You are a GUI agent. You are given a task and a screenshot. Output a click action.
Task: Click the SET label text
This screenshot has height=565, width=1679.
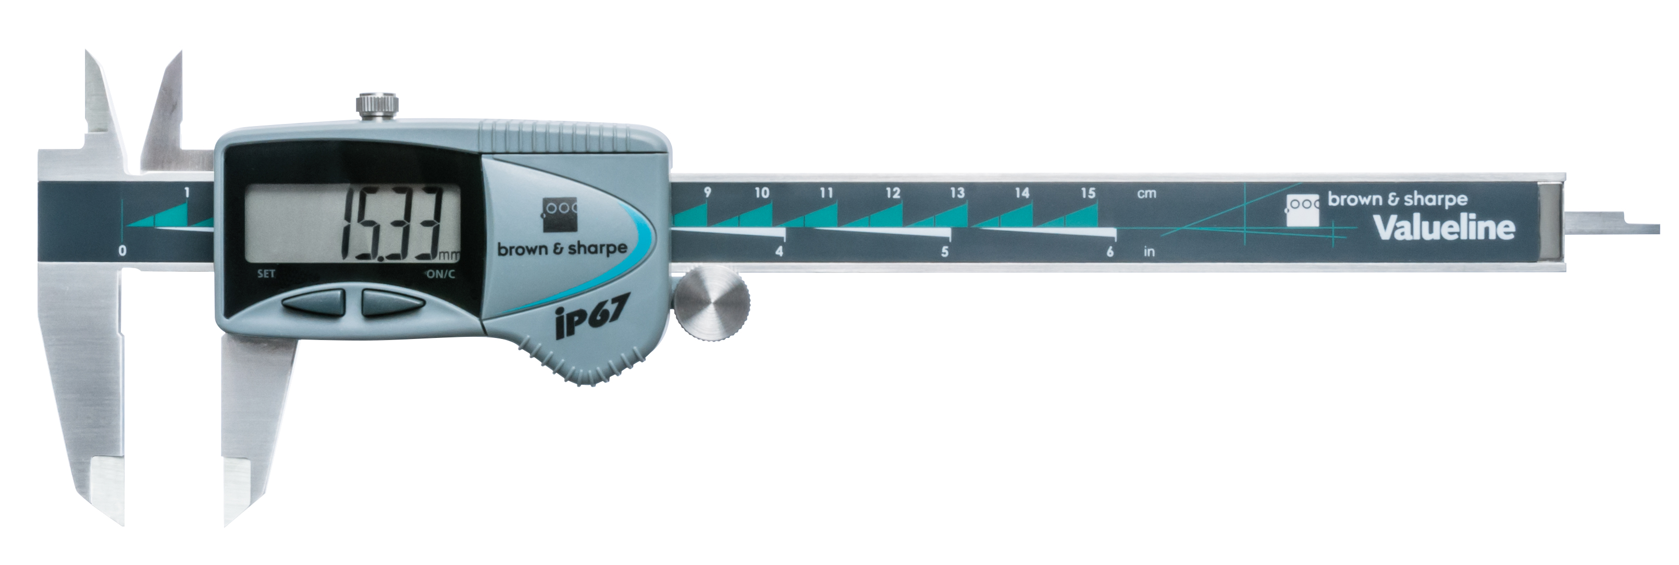266,274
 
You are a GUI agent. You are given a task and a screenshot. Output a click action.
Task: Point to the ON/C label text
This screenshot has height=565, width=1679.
441,274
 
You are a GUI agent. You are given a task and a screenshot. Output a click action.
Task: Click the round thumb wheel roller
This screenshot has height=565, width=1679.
712,306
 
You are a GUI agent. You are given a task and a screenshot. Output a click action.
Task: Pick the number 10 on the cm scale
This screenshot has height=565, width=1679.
761,193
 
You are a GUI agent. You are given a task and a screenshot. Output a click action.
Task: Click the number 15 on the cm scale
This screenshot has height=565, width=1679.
1088,193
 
